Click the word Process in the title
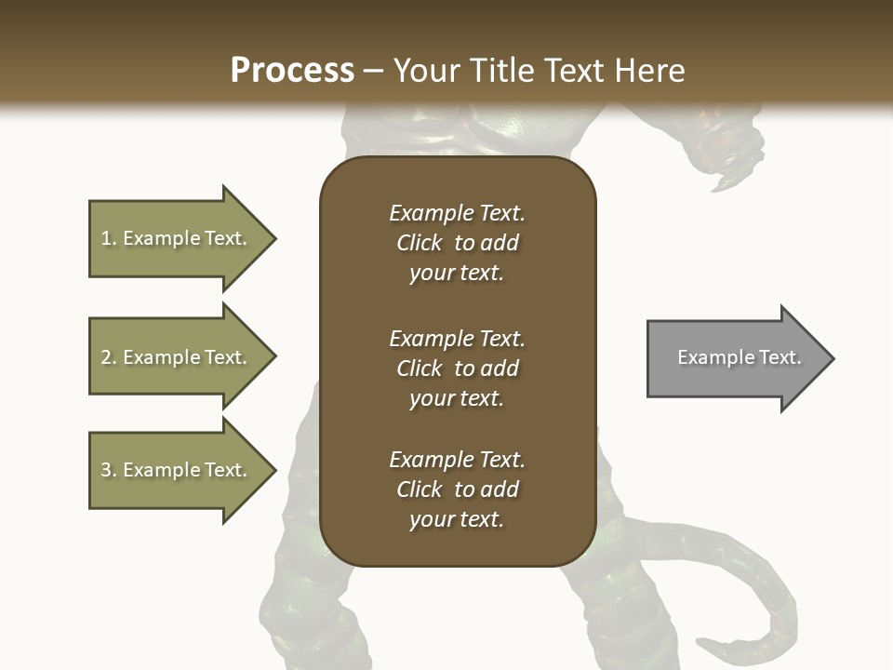coord(292,71)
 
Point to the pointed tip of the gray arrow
coord(831,358)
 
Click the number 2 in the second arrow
coord(106,357)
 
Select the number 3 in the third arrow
coord(106,470)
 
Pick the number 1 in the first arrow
coord(106,238)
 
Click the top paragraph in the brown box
coord(457,243)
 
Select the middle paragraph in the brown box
coord(457,368)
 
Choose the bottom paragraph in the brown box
coord(457,489)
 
